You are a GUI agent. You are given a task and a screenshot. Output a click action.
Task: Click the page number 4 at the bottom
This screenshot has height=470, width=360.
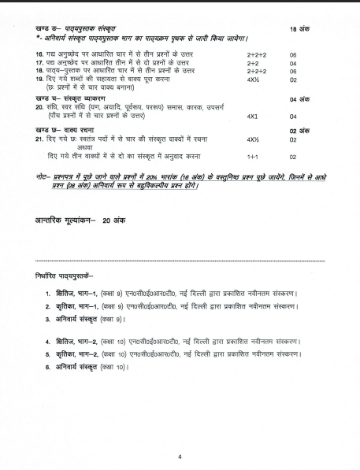pos(180,456)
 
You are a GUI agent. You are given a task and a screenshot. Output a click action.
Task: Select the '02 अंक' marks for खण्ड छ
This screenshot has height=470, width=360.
pos(299,131)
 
